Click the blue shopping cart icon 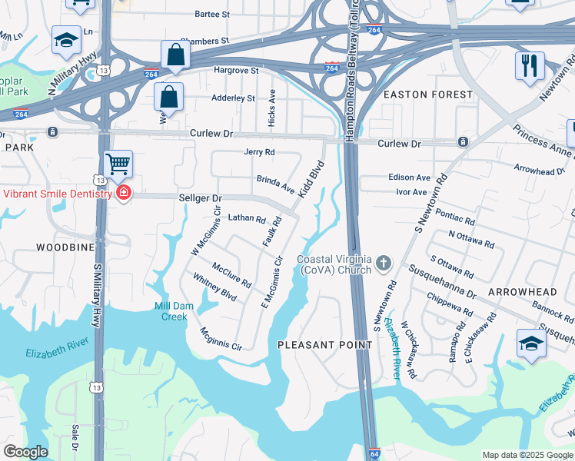(x=118, y=163)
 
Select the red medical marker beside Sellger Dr (x=123, y=193)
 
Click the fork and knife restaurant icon (x=530, y=65)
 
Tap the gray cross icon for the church (x=384, y=265)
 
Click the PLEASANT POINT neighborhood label (x=324, y=345)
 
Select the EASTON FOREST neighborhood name (x=427, y=95)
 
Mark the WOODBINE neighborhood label (x=65, y=247)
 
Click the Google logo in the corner (x=25, y=452)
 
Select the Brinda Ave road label (x=275, y=184)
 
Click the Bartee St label (x=212, y=15)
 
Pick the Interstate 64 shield (x=374, y=454)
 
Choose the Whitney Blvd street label (x=214, y=289)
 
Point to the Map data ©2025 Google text (x=527, y=455)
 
